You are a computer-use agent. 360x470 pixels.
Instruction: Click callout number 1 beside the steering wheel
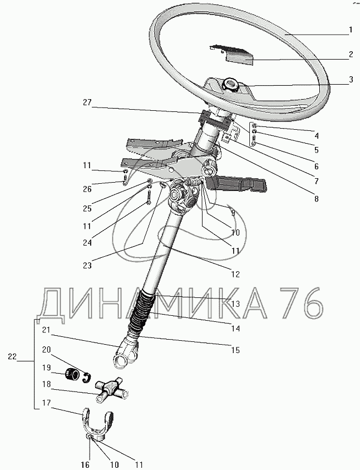tap(351, 30)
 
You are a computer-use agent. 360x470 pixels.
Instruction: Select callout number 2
tap(351, 55)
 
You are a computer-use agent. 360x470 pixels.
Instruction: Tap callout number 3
tap(351, 80)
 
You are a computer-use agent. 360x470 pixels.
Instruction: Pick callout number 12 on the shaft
tap(235, 273)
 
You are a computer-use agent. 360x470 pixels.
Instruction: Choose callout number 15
tap(235, 350)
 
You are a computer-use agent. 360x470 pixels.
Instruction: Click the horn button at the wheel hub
tap(230, 85)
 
